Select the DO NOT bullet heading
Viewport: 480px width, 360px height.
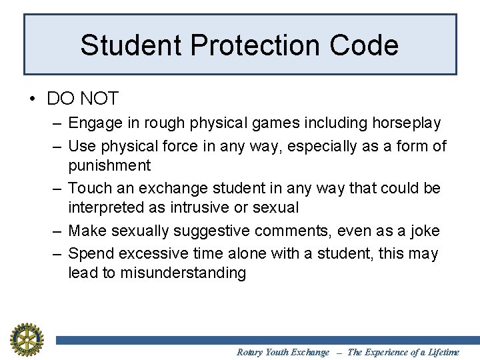coord(82,99)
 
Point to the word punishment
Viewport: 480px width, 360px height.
coord(109,165)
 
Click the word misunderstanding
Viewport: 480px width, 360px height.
coord(183,273)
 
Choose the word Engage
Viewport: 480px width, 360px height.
coord(92,123)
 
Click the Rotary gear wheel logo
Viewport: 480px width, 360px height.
coord(26,339)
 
